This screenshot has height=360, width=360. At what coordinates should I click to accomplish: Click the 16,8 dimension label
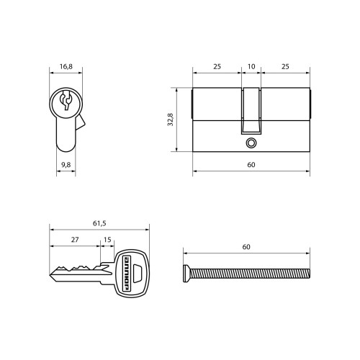pos(66,66)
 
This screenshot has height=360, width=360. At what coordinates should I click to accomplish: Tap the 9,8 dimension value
pos(66,165)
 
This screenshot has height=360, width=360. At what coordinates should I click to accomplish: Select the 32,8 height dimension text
pos(171,120)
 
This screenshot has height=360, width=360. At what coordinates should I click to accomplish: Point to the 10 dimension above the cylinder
pos(251,66)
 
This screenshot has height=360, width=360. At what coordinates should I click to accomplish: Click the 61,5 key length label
pos(99,223)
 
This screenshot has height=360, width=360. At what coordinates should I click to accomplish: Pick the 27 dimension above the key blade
pos(75,240)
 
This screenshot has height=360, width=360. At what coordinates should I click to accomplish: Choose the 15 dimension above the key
pos(107,240)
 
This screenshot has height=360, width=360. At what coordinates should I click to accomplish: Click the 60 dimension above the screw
pos(246,247)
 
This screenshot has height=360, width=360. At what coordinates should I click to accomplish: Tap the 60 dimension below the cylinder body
pos(251,165)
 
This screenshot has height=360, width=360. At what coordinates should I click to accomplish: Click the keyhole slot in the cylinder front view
pos(66,100)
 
